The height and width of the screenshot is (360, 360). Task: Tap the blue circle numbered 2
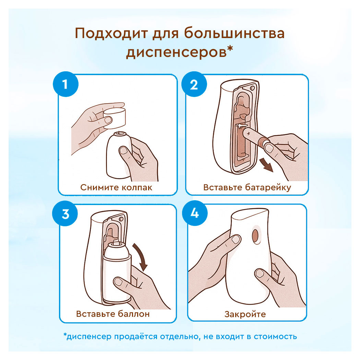pyautogui.click(x=194, y=84)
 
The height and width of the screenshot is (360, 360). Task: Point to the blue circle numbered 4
pyautogui.click(x=194, y=214)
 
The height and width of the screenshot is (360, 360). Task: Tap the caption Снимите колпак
pyautogui.click(x=116, y=188)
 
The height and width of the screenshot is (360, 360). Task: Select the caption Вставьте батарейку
pyautogui.click(x=247, y=188)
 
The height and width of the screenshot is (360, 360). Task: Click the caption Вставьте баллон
pyautogui.click(x=113, y=314)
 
